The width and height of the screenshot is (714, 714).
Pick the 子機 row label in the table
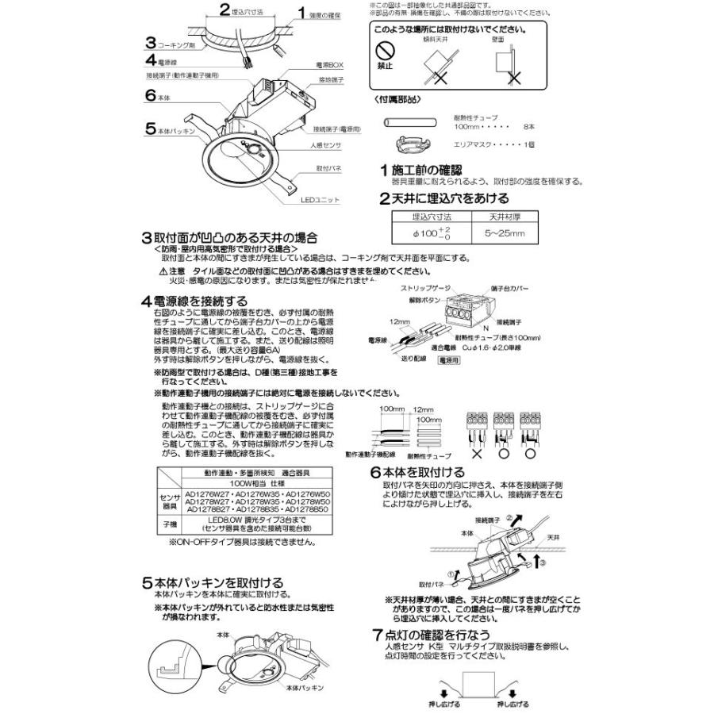coord(169,524)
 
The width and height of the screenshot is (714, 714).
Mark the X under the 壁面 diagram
coord(513,79)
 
